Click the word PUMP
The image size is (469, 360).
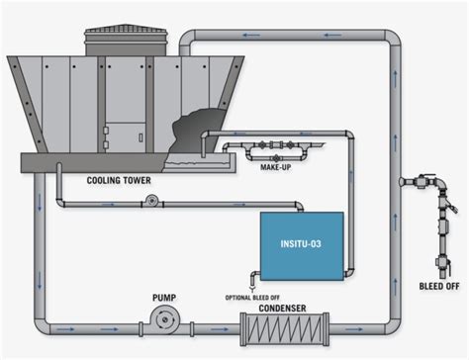[165, 296]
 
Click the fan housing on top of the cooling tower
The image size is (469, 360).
[121, 41]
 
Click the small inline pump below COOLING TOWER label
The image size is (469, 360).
[151, 201]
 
